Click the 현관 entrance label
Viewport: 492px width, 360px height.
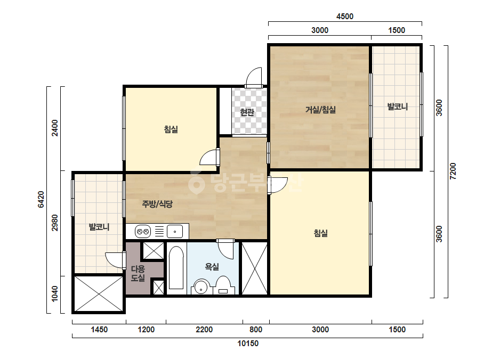[x=247, y=112]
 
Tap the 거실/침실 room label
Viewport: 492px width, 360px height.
[x=320, y=110]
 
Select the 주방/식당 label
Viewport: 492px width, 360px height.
[x=157, y=204]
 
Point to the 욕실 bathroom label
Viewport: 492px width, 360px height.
[x=212, y=267]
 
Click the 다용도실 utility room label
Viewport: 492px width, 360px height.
[x=138, y=273]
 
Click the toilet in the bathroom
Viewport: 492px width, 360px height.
[x=223, y=285]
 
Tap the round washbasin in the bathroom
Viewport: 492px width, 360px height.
[x=201, y=287]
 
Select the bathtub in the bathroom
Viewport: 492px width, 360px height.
[x=176, y=268]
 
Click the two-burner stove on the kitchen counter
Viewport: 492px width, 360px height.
[x=143, y=232]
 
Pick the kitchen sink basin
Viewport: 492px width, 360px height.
[x=175, y=232]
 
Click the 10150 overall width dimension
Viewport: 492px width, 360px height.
[x=248, y=343]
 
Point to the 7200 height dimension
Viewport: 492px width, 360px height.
[x=453, y=171]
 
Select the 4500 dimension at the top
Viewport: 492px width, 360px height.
[x=345, y=17]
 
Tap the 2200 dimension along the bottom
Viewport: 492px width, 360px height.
[x=204, y=330]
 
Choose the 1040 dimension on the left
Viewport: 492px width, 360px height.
[x=55, y=293]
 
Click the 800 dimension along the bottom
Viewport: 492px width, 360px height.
[x=256, y=330]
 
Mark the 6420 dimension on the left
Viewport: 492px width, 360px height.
[x=41, y=200]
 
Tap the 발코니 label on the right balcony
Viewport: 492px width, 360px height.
[x=398, y=107]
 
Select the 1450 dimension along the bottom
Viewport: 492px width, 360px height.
[x=99, y=330]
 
